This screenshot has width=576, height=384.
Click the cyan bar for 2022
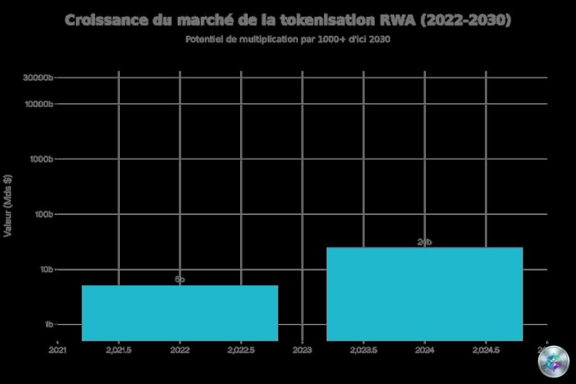(x=180, y=313)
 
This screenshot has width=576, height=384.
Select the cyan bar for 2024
(x=425, y=293)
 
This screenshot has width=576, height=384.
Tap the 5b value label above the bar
(x=180, y=279)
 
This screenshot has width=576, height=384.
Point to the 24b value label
(x=425, y=242)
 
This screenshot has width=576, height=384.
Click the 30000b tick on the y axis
(x=38, y=78)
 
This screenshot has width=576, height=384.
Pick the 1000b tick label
(x=40, y=159)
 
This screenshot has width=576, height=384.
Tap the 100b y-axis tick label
(x=43, y=214)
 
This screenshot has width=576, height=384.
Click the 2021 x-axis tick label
(x=57, y=350)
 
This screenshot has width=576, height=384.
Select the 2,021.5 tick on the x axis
(x=119, y=350)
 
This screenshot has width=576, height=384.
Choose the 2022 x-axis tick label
(x=180, y=350)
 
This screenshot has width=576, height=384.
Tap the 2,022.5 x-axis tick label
(x=241, y=350)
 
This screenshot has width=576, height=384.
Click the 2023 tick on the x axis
(x=303, y=350)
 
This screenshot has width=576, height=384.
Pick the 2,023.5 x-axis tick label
(x=363, y=350)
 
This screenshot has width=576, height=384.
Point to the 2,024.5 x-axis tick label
(x=486, y=350)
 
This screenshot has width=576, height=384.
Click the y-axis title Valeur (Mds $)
(x=8, y=206)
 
